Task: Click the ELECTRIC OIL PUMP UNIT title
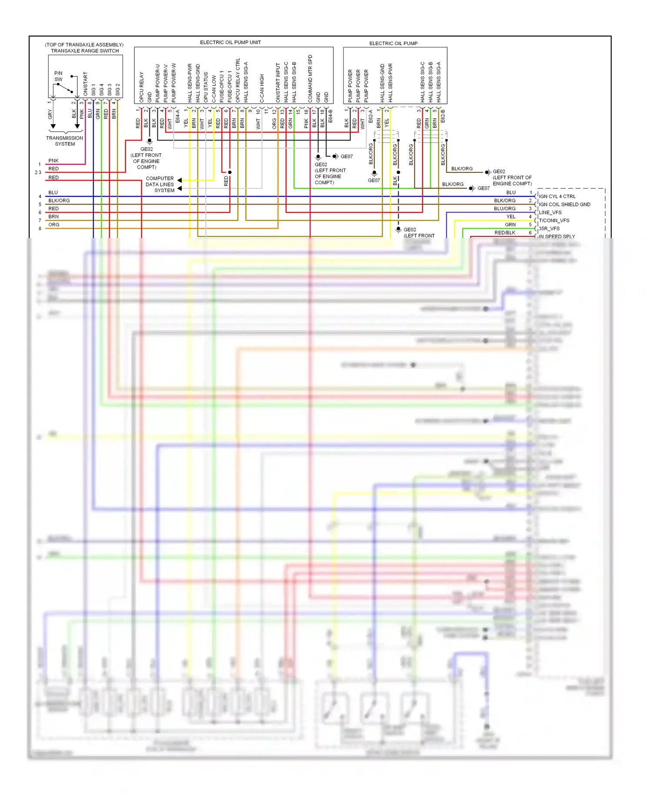[230, 43]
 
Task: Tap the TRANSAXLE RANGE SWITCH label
[85, 51]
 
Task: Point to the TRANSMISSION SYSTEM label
[64, 141]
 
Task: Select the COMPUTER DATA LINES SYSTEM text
[160, 184]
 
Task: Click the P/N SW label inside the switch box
[58, 76]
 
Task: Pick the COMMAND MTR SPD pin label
[310, 79]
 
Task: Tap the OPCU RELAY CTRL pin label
[238, 81]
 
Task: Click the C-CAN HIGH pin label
[262, 89]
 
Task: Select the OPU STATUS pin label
[206, 87]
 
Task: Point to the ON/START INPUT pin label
[278, 83]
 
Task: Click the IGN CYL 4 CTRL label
[557, 196]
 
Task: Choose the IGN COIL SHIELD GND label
[565, 205]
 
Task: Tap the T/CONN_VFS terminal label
[554, 221]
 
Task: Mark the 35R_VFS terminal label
[549, 228]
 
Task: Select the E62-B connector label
[443, 116]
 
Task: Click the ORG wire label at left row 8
[54, 225]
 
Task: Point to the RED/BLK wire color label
[505, 233]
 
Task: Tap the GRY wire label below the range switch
[50, 114]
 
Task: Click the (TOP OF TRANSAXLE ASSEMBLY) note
[84, 45]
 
